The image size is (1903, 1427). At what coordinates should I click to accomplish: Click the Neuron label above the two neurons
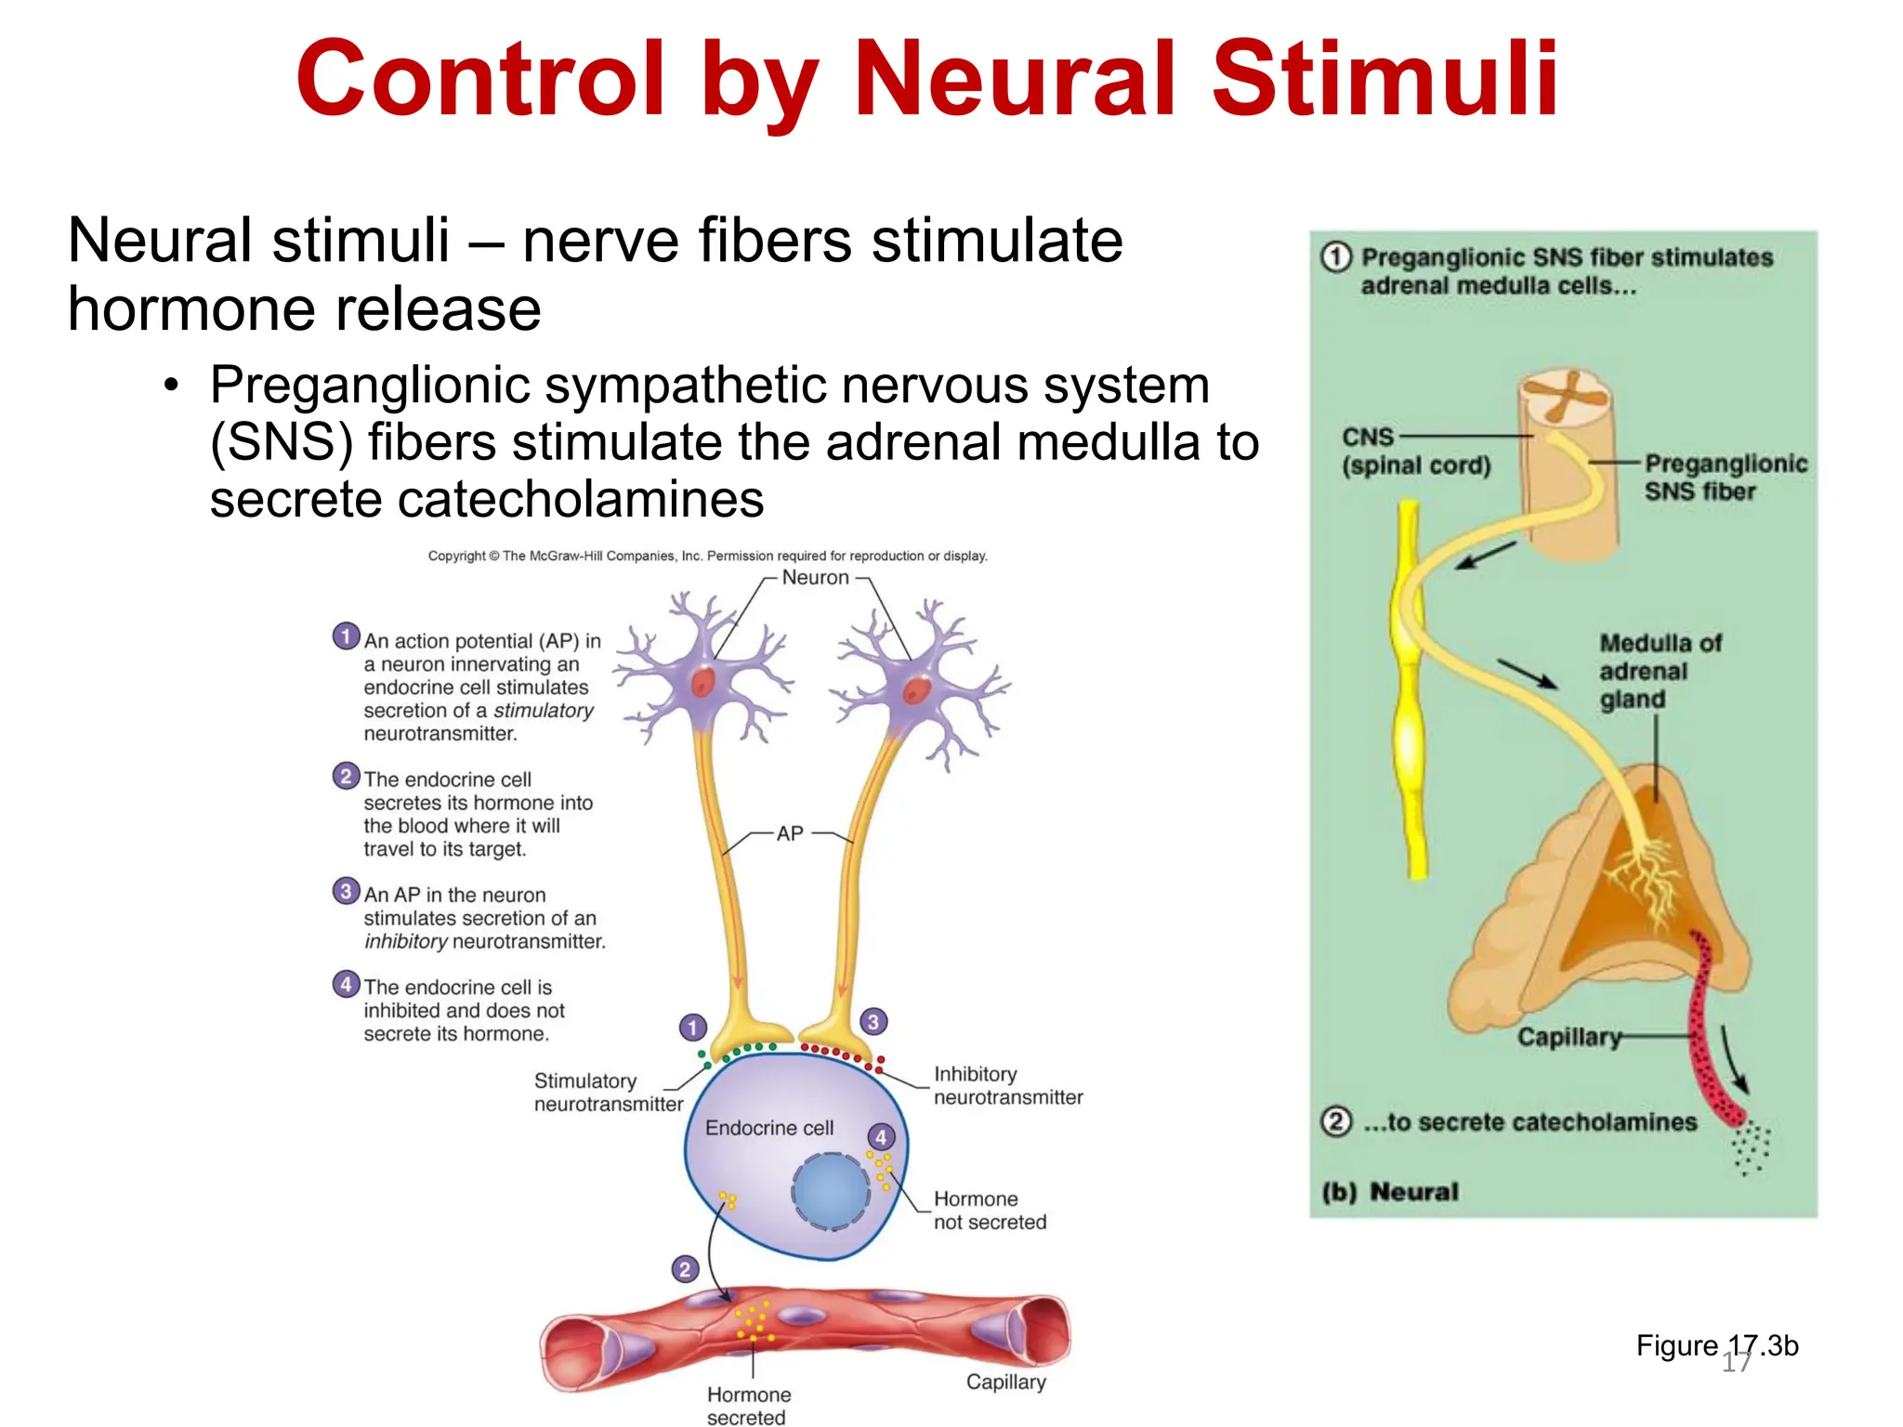(815, 577)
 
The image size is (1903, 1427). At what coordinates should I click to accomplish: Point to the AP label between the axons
(790, 833)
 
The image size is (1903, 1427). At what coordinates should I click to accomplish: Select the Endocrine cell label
(769, 1128)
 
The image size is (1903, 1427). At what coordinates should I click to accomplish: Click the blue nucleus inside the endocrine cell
(831, 1191)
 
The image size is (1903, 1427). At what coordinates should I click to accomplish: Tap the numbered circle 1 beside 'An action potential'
(346, 636)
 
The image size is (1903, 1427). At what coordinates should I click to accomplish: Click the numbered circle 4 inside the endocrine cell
(881, 1137)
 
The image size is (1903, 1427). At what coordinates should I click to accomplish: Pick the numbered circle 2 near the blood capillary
(685, 1269)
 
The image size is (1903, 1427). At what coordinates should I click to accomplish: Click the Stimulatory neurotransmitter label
(608, 1093)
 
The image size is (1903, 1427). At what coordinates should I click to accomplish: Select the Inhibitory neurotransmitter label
(1007, 1085)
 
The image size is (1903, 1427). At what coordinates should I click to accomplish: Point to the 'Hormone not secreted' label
(989, 1211)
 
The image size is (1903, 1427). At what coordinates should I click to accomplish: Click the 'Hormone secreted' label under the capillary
(748, 1406)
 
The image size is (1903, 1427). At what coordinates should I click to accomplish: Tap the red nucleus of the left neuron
(702, 683)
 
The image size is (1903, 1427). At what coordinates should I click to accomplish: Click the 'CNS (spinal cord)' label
(1414, 452)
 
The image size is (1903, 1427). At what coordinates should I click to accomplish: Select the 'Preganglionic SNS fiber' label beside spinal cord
(1725, 478)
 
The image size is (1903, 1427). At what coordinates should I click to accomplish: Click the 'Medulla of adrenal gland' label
(1660, 671)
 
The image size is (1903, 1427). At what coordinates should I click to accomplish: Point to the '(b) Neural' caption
(1390, 1192)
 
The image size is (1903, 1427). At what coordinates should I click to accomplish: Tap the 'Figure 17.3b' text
(1717, 1345)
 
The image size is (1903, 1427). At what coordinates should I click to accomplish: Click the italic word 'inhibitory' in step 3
(406, 941)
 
